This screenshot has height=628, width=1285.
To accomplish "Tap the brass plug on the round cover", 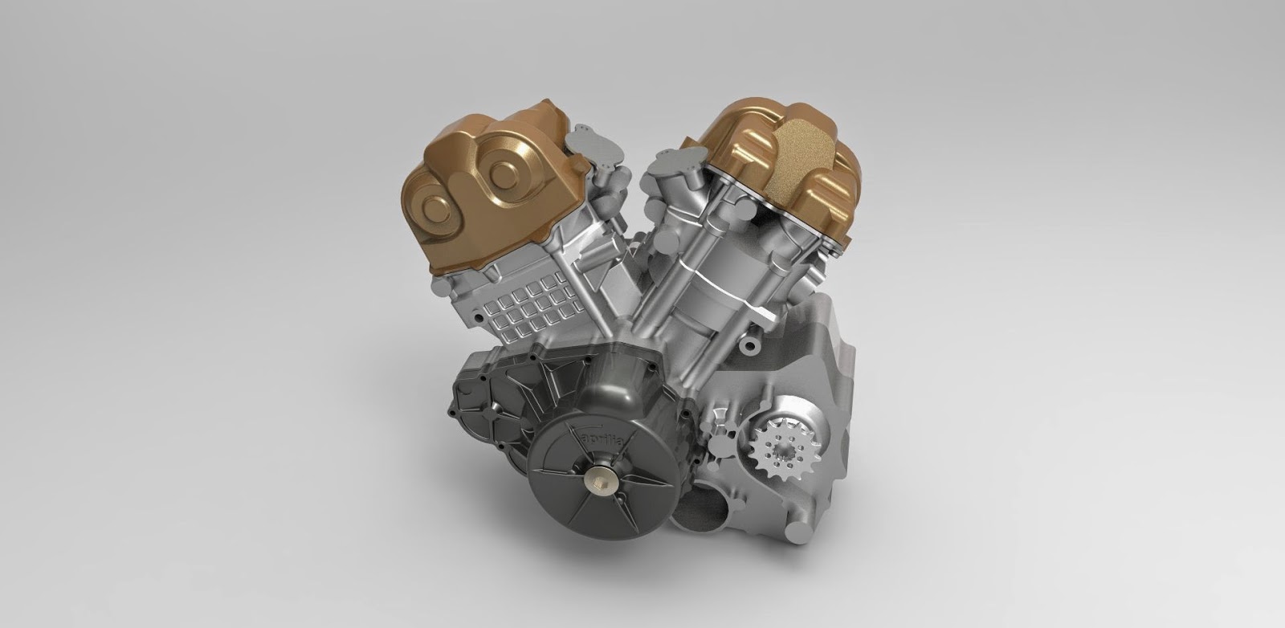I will point(601,485).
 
